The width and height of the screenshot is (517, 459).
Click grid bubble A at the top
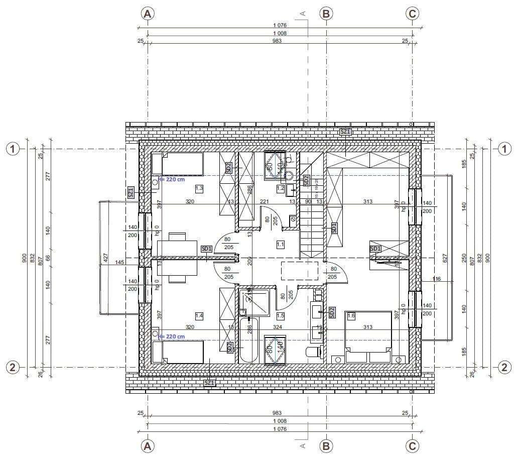pyautogui.click(x=147, y=14)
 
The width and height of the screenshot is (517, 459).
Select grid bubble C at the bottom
pyautogui.click(x=412, y=446)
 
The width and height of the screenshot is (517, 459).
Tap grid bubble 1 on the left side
pyautogui.click(x=13, y=149)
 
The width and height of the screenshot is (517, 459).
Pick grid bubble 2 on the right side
pyautogui.click(x=504, y=368)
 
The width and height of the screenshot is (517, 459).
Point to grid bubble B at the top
pyautogui.click(x=326, y=14)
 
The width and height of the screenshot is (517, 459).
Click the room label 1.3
pyautogui.click(x=199, y=188)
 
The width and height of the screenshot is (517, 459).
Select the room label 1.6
pyautogui.click(x=351, y=315)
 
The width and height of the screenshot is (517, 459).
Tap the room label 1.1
pyautogui.click(x=281, y=244)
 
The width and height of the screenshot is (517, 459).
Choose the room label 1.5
pyautogui.click(x=281, y=315)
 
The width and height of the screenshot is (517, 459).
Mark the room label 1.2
pyautogui.click(x=281, y=188)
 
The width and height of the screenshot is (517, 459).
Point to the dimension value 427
pyautogui.click(x=105, y=258)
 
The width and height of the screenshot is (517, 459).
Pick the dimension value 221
pyautogui.click(x=264, y=201)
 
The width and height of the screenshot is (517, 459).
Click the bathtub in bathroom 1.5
pyautogui.click(x=248, y=339)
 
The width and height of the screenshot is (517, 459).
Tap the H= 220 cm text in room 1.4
pyautogui.click(x=172, y=336)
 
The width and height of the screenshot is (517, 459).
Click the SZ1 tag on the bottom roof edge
pyautogui.click(x=209, y=383)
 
